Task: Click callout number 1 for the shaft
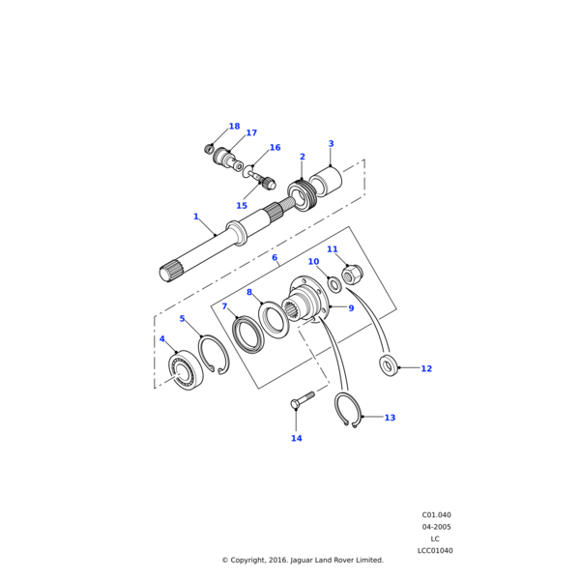pos(195,217)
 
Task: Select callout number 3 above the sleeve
pos(331,144)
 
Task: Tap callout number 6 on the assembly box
pos(275,258)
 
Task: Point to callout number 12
pos(426,368)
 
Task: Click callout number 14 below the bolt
pos(296,438)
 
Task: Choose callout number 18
pos(234,127)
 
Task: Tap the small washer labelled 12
pos(389,365)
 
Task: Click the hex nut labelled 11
pos(352,275)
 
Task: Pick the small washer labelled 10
pos(334,284)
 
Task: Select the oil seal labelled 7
pos(247,334)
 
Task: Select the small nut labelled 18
pos(209,148)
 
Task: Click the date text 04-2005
pos(436,527)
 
